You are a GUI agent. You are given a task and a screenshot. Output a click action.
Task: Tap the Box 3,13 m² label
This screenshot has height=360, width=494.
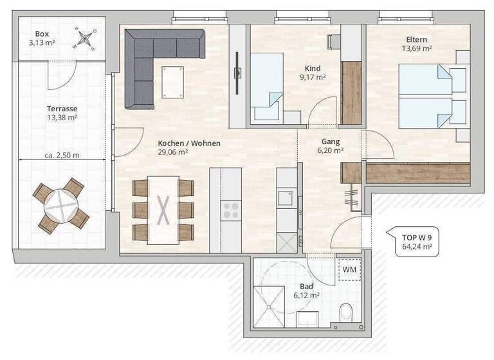(42, 39)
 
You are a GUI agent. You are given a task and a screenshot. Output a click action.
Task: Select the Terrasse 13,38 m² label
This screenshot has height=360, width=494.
(62, 113)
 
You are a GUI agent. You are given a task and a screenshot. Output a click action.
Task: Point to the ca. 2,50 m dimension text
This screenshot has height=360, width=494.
(62, 155)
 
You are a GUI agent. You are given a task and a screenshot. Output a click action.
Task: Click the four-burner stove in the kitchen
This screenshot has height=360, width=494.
(230, 209)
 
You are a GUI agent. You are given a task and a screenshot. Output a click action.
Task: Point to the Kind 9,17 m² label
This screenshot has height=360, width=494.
(313, 73)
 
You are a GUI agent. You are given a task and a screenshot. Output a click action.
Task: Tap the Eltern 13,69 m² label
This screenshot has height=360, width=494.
(416, 44)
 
